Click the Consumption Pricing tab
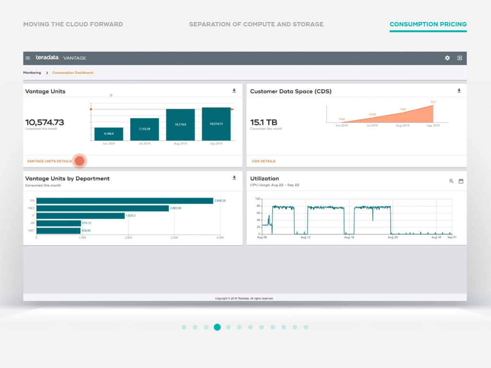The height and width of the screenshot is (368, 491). click(x=428, y=24)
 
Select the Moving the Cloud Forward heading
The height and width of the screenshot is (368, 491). click(x=73, y=24)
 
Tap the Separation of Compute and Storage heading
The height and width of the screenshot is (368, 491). click(x=256, y=24)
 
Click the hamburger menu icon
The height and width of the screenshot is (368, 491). click(x=28, y=58)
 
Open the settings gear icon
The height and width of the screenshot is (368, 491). click(x=447, y=58)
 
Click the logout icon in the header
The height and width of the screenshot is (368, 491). click(x=459, y=58)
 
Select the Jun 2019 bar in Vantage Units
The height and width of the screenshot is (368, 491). click(x=109, y=134)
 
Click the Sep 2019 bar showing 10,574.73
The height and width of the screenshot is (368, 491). click(x=216, y=124)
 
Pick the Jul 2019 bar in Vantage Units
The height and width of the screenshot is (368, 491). click(x=144, y=129)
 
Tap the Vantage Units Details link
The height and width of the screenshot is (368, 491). click(x=49, y=161)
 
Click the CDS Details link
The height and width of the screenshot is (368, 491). click(x=264, y=161)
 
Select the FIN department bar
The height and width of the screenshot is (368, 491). click(x=125, y=201)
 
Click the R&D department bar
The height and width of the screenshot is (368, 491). click(x=103, y=208)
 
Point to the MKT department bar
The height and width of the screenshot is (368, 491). click(x=58, y=231)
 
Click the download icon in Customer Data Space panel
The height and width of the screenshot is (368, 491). click(x=459, y=91)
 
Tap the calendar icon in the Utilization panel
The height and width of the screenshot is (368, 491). click(x=461, y=181)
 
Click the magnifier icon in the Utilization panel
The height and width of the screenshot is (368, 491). click(x=451, y=181)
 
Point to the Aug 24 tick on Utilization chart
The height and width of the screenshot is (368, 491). click(x=392, y=237)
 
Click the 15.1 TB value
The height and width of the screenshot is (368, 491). click(x=264, y=123)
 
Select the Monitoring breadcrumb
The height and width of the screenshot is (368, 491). click(x=32, y=73)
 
